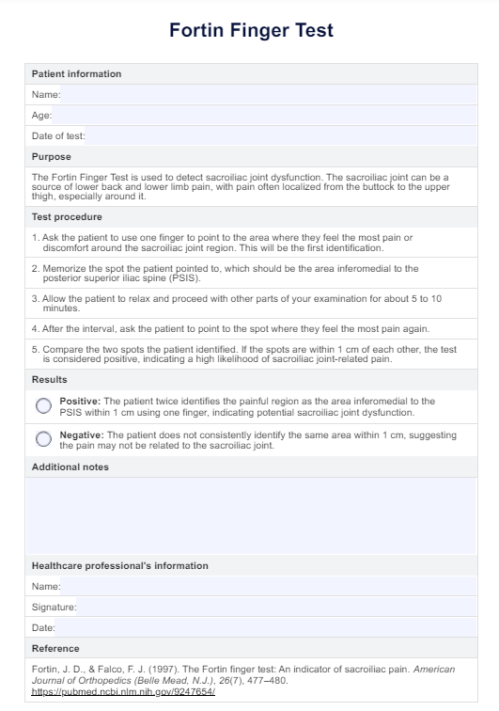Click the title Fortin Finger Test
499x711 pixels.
pyautogui.click(x=251, y=31)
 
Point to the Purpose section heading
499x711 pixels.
pyautogui.click(x=52, y=156)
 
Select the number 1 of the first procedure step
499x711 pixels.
pyautogui.click(x=35, y=237)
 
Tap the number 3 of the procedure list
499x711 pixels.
pyautogui.click(x=35, y=297)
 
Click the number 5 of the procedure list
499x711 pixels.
pyautogui.click(x=35, y=349)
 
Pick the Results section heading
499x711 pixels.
pyautogui.click(x=50, y=379)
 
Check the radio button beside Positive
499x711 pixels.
pyautogui.click(x=43, y=405)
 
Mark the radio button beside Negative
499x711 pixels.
pyautogui.click(x=43, y=439)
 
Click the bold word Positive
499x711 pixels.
pyautogui.click(x=79, y=401)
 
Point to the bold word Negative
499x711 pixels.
pyautogui.click(x=82, y=434)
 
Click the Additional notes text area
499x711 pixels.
pyautogui.click(x=251, y=515)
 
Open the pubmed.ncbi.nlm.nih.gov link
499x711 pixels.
pyautogui.click(x=123, y=691)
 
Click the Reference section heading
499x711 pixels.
pyautogui.click(x=55, y=648)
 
